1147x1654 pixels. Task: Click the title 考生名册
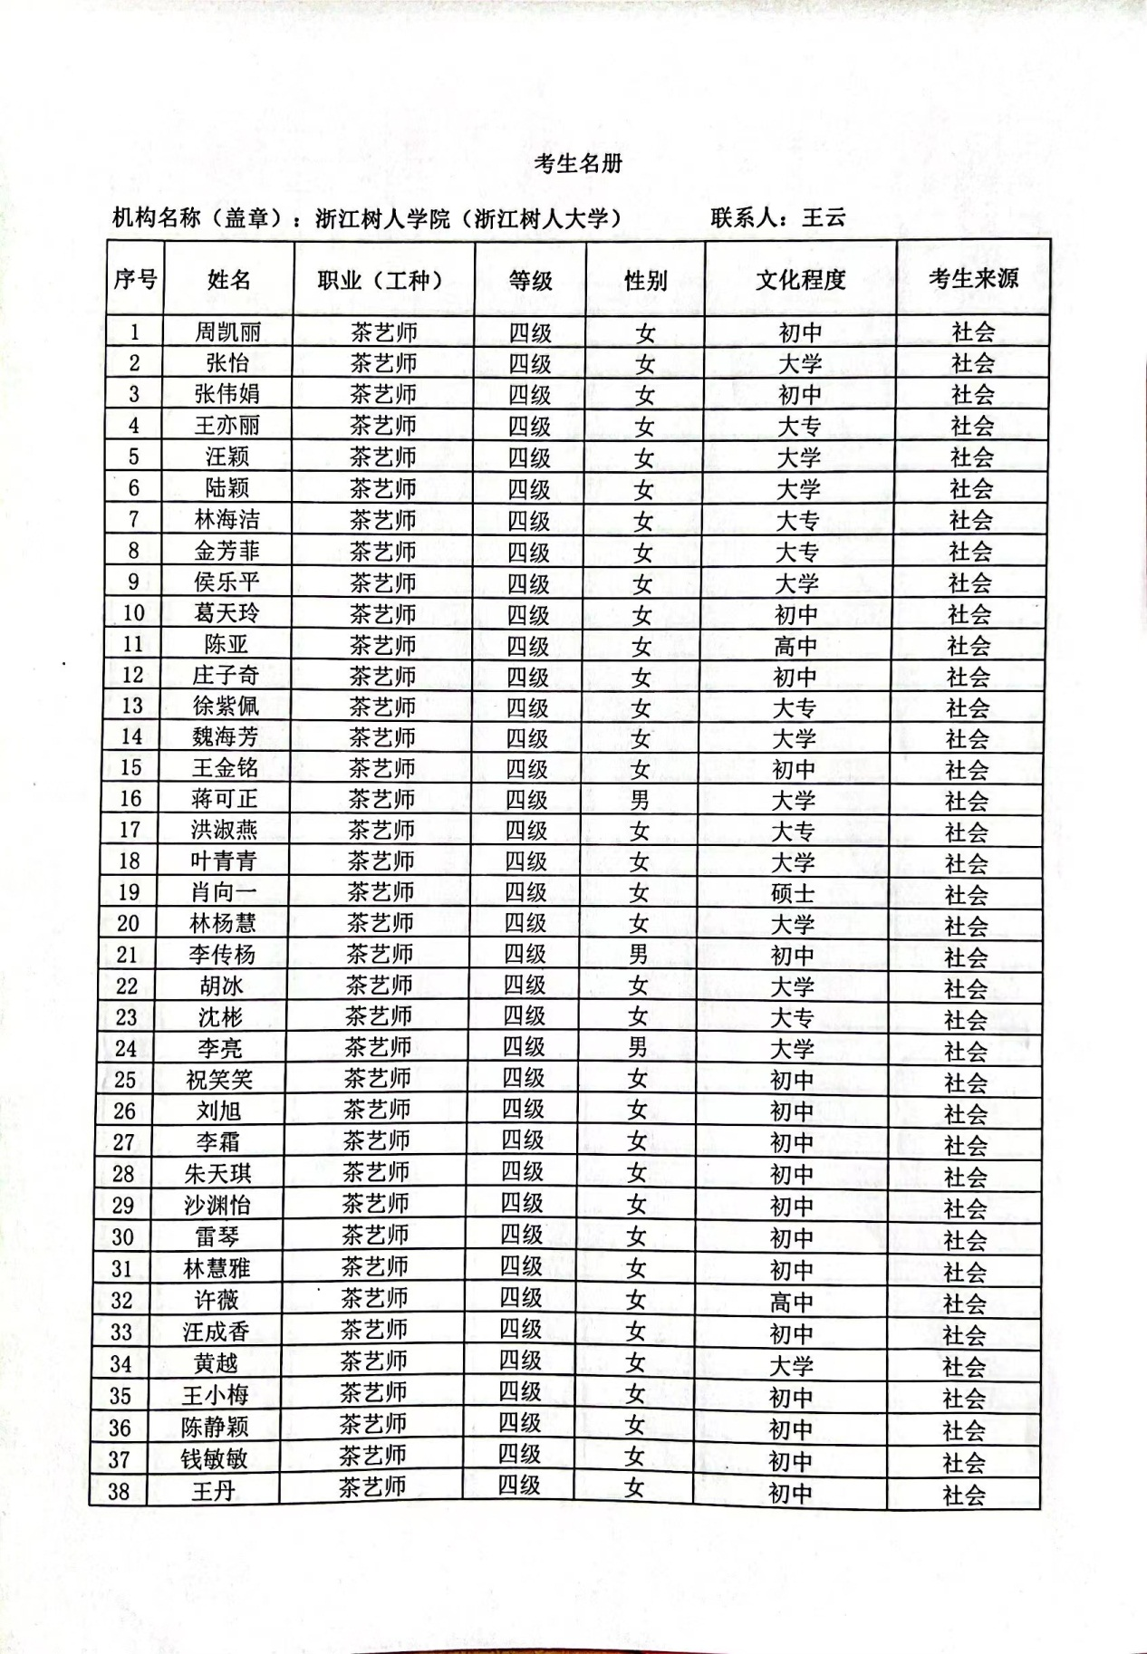coord(578,163)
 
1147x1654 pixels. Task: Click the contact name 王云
coord(823,217)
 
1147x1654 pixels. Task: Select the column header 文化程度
coord(800,279)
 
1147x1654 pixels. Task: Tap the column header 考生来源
coord(972,278)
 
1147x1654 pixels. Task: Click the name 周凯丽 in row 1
coord(227,332)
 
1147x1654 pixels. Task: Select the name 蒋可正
coord(225,799)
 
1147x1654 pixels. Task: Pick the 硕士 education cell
coord(794,894)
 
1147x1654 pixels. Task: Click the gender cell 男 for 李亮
coord(638,1048)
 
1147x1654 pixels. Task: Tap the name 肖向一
coord(223,892)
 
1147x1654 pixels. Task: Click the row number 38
coord(119,1491)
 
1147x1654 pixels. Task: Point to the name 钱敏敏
coord(214,1459)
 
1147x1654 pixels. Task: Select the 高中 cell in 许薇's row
coord(792,1303)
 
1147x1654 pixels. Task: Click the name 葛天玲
coord(226,613)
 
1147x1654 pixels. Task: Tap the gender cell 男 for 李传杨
coord(639,955)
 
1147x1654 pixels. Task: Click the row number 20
coord(129,924)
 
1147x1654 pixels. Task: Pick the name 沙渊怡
coord(217,1206)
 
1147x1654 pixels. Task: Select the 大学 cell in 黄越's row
coord(792,1366)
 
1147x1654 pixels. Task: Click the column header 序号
coord(135,279)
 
